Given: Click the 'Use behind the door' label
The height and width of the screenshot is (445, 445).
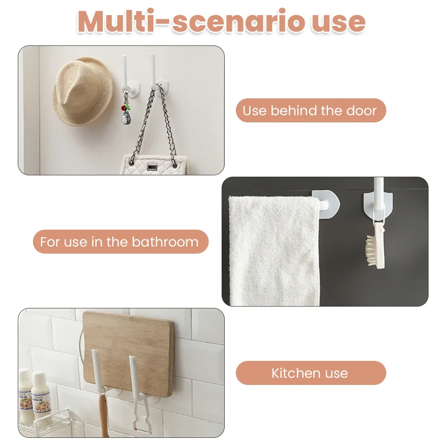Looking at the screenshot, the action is tap(311, 110).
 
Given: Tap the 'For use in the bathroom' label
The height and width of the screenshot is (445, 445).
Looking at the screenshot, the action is tap(121, 242).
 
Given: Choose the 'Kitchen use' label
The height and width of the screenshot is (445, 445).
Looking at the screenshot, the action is tap(311, 373).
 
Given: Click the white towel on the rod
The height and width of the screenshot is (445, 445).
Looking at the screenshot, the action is tap(274, 250).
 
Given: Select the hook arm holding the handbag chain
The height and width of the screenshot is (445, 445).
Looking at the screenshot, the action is tap(153, 71).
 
